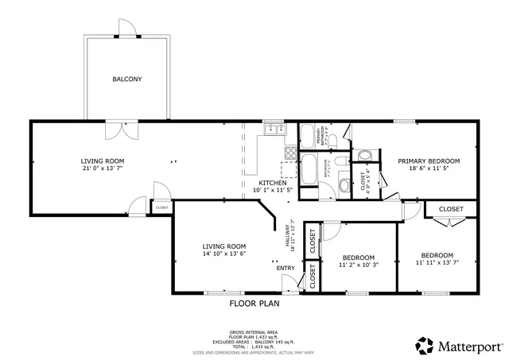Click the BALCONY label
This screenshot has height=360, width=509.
click(x=126, y=79)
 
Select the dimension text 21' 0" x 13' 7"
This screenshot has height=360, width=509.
click(x=103, y=168)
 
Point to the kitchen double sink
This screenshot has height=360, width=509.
click(x=274, y=128)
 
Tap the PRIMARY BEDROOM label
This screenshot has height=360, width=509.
click(x=429, y=161)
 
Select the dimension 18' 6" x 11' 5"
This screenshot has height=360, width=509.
click(x=429, y=168)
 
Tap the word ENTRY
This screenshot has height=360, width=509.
click(x=285, y=268)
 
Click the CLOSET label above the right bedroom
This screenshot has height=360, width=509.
click(x=451, y=209)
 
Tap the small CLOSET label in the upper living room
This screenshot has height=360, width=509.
click(x=161, y=207)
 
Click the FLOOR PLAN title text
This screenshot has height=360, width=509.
click(x=254, y=303)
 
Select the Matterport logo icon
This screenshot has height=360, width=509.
click(x=425, y=346)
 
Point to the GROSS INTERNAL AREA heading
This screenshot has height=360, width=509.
click(x=254, y=332)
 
